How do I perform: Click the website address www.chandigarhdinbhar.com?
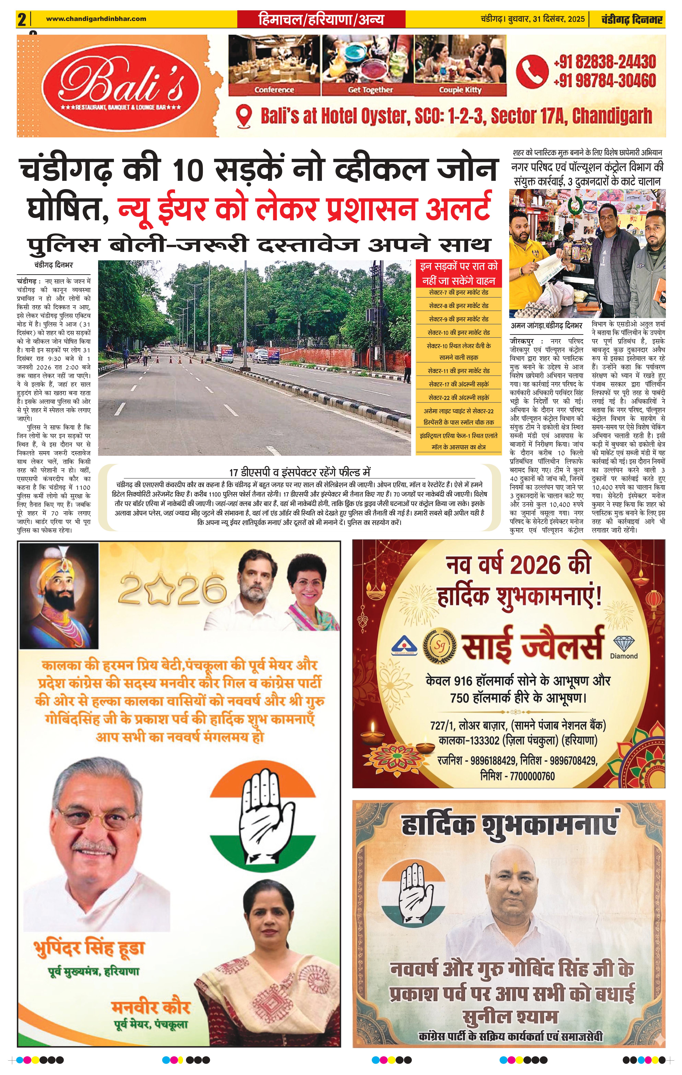click(x=96, y=19)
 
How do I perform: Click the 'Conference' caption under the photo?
click(x=274, y=90)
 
